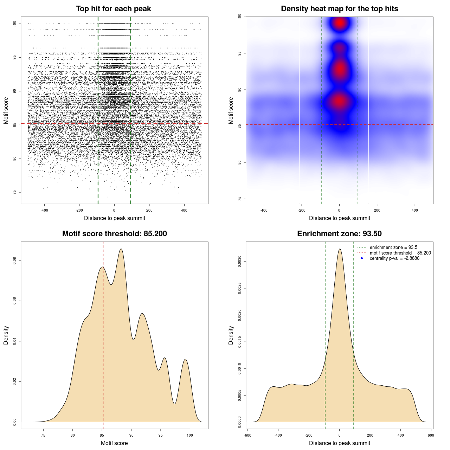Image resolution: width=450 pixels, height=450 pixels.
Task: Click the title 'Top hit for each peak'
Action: [114, 9]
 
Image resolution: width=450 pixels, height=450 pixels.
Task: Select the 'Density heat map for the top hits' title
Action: [339, 9]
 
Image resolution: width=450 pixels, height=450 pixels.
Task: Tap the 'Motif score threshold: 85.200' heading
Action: [114, 234]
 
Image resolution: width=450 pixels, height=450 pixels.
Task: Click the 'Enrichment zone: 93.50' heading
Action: [339, 234]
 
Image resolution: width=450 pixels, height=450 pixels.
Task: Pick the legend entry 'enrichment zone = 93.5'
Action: [393, 247]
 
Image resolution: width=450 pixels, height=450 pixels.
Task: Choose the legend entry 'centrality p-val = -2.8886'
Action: [394, 258]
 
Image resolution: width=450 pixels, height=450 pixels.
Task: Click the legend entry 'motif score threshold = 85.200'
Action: [400, 253]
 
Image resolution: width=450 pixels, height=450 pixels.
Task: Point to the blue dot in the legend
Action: [362, 258]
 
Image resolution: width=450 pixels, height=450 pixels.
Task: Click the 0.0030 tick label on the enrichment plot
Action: [240, 262]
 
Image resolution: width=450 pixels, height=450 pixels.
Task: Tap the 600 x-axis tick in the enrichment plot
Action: [431, 435]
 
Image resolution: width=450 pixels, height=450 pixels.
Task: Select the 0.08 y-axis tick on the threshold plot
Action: [15, 261]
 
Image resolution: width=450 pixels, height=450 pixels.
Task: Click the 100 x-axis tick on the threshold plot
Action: [190, 435]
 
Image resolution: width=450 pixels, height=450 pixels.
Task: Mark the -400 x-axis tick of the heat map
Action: [264, 210]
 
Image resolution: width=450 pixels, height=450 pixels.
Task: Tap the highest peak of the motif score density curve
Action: [121, 249]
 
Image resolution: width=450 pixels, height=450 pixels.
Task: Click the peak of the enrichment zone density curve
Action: [340, 249]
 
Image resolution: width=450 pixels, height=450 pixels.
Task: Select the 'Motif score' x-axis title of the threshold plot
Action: [114, 443]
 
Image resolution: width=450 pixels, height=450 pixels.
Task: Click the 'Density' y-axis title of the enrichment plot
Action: [231, 335]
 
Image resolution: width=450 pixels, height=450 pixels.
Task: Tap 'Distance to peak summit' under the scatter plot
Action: [115, 218]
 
